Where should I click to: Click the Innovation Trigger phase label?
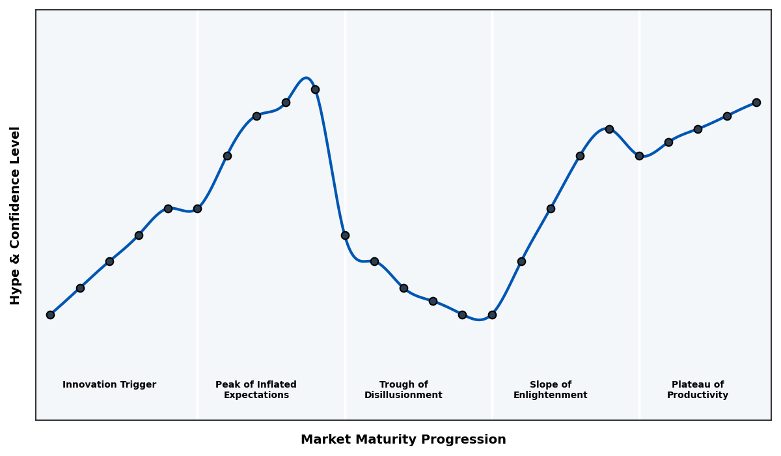109,385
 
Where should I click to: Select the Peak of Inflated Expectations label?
256,390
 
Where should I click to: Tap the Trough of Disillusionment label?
404,390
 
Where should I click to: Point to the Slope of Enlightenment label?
551,390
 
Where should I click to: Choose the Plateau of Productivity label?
698,390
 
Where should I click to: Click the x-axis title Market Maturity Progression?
403,440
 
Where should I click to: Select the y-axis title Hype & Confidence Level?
16,215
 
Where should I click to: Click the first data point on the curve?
50,315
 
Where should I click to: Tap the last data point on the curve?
756,102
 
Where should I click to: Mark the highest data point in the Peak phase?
315,89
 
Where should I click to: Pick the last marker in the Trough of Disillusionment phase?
462,315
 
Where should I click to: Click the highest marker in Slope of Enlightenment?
609,129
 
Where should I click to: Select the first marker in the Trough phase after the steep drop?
345,235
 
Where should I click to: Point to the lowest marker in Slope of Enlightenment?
492,315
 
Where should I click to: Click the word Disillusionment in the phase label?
404,395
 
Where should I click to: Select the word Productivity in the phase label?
698,395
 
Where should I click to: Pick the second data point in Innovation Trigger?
80,288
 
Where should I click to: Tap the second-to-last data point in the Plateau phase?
727,116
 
